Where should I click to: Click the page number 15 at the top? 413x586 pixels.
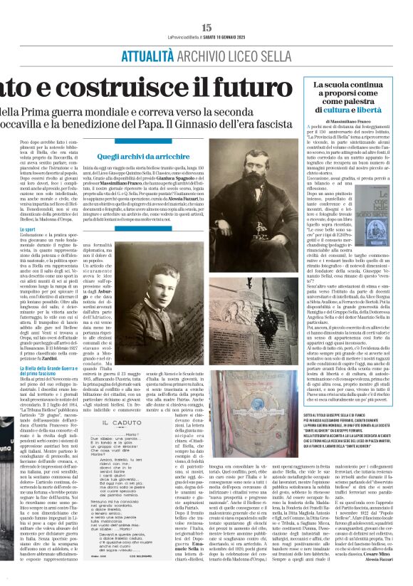(x=206, y=26)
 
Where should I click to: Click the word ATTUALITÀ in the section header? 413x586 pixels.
(x=125, y=53)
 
